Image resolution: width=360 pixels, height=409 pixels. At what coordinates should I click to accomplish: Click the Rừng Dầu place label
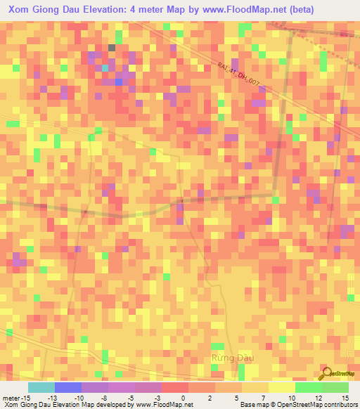[x=231, y=358]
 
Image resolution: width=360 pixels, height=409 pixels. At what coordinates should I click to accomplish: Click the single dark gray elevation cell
[x=111, y=48]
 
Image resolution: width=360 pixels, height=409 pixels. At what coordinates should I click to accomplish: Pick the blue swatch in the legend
[x=67, y=387]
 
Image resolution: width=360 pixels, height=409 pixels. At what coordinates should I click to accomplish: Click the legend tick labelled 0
[x=183, y=398]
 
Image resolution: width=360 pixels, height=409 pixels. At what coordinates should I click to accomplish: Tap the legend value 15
[x=345, y=398]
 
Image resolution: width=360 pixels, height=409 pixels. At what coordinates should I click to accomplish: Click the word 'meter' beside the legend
[x=11, y=398]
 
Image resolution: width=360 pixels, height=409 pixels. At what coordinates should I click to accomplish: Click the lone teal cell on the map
[x=103, y=67]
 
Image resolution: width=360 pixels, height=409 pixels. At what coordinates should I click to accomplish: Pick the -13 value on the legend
[x=52, y=398]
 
